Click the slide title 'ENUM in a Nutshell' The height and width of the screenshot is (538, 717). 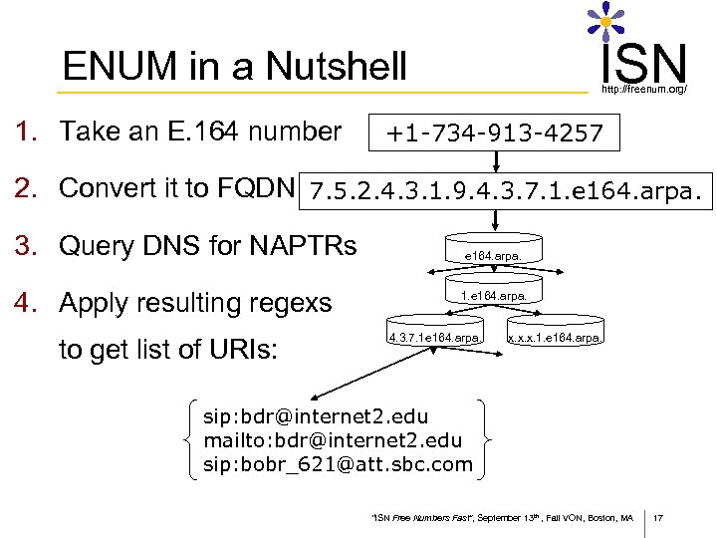coord(234,67)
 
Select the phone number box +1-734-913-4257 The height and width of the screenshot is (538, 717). coord(495,132)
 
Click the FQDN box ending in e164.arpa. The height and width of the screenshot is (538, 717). coord(510,189)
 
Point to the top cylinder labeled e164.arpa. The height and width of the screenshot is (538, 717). coord(493,255)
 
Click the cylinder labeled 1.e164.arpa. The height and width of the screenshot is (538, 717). coord(494,296)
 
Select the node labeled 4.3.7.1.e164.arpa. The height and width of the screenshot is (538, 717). coord(436,338)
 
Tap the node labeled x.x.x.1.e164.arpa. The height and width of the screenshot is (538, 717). coord(555,338)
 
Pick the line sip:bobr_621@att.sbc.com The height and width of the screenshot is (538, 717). coord(338,464)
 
